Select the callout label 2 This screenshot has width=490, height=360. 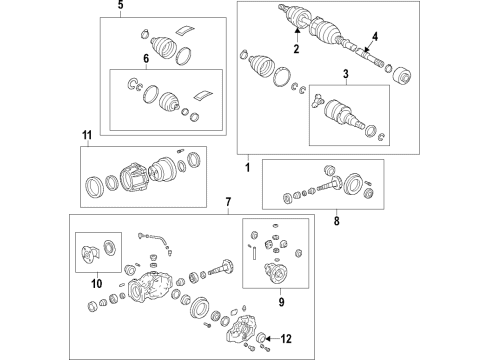tap(296, 48)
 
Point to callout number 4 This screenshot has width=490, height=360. tap(374, 39)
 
